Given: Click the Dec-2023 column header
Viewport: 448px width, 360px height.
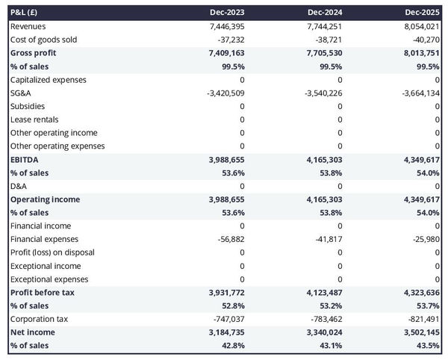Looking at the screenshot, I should point(228,13).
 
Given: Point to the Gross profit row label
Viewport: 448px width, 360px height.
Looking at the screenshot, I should point(34,53).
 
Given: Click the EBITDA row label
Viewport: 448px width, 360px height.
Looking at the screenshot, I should point(25,160).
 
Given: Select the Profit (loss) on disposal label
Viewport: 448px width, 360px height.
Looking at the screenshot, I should point(51,252).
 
